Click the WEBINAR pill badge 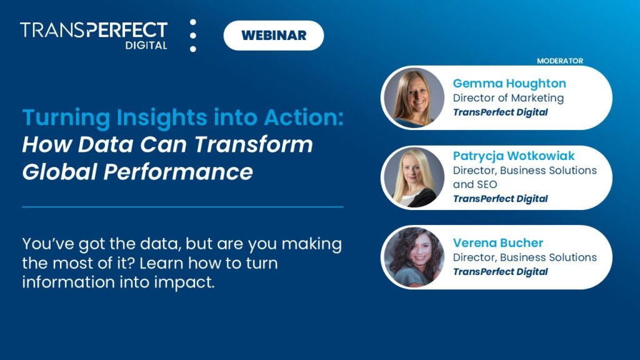point(273,36)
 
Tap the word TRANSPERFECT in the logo point(94,30)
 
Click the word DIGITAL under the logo point(146,46)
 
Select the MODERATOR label point(560,61)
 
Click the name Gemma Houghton point(509,83)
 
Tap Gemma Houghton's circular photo point(413,98)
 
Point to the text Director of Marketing point(508,98)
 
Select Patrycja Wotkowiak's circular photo point(413,177)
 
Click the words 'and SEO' point(475,184)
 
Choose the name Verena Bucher point(498,242)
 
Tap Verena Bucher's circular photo point(413,257)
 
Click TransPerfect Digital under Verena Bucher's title point(500,272)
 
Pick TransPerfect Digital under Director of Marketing point(500,112)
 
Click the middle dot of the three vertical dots point(193,36)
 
